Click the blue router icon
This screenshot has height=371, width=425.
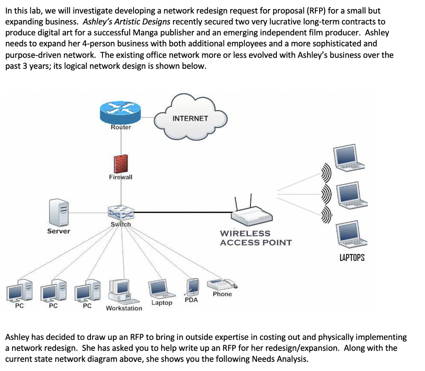[121, 112]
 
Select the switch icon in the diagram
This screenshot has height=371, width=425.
[121, 213]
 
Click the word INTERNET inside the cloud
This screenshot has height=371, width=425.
[190, 118]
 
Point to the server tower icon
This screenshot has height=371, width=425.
[59, 212]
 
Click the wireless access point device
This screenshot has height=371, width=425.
[252, 214]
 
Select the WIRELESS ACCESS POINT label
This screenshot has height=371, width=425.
[255, 238]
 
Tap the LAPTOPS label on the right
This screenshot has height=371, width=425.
[352, 258]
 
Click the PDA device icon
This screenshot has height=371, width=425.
[193, 286]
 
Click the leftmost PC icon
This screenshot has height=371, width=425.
[20, 290]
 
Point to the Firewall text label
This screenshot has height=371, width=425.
[121, 177]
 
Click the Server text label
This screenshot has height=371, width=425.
[59, 231]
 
